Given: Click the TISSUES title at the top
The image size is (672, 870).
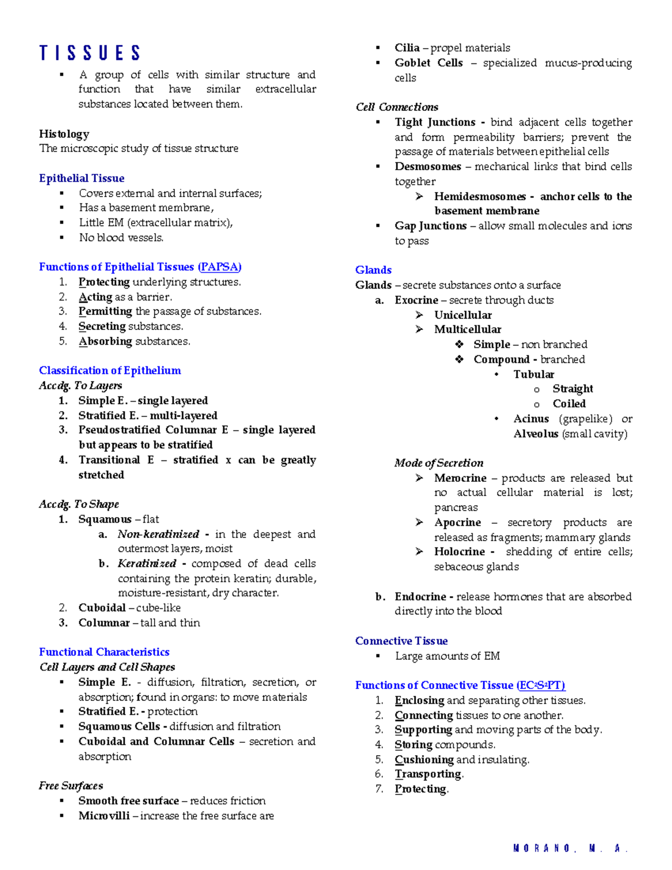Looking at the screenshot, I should point(90,53).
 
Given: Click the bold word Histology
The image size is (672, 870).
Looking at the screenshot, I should point(64,134).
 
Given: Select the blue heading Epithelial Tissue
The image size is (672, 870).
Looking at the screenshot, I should point(82,178).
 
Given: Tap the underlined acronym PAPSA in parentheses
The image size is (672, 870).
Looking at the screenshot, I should point(220,267).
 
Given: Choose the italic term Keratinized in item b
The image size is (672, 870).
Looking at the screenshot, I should point(147,564).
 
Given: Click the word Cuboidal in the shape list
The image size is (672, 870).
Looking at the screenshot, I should point(102,608).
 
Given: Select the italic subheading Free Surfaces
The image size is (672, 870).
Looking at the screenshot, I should point(71,786).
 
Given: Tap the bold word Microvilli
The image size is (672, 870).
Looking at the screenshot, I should point(104,816).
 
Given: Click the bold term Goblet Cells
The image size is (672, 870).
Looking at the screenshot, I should point(428,63).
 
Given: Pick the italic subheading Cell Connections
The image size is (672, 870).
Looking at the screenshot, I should point(396,107).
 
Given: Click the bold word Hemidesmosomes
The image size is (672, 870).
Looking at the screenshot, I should point(480,197).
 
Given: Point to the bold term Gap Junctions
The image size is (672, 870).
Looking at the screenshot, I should point(430,226).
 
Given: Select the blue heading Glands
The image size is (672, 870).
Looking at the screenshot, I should point(373,270).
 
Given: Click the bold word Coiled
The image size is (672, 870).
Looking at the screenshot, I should point(569,404).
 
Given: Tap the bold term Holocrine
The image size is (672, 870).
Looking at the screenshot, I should point(459,552).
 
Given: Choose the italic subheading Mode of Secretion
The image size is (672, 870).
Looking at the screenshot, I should point(438,463).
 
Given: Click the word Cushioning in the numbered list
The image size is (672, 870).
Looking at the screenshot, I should point(424,760).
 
